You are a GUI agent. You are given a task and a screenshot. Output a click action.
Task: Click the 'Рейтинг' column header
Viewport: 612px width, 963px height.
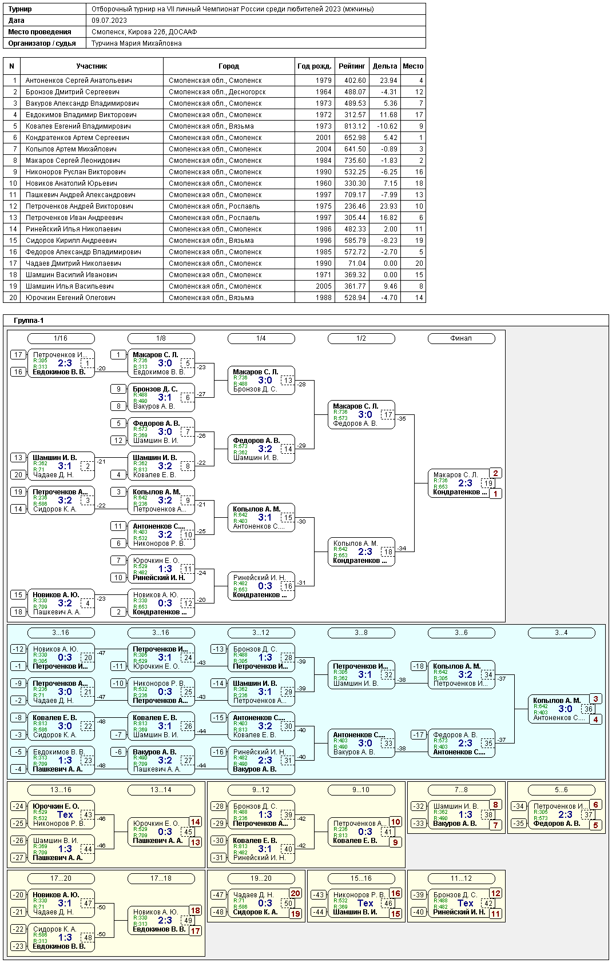tap(352, 66)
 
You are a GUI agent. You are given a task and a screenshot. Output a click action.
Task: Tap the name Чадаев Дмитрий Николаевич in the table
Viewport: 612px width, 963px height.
tap(73, 263)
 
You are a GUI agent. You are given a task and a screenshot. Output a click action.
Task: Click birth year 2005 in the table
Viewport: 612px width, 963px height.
tap(323, 286)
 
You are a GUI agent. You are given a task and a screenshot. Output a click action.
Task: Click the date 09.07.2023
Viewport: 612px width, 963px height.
tap(109, 21)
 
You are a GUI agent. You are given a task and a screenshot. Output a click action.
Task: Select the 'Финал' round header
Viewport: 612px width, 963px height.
tap(461, 338)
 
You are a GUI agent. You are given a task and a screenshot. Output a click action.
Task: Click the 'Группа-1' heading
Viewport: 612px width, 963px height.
tap(29, 321)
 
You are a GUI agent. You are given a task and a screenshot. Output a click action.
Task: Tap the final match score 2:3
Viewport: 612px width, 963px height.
tap(465, 484)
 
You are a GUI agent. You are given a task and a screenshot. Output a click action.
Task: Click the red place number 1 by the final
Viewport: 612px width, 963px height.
tap(495, 494)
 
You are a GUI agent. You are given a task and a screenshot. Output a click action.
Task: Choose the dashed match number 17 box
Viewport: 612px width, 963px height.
tap(388, 415)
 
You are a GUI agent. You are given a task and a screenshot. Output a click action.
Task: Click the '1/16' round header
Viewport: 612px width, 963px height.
tap(61, 338)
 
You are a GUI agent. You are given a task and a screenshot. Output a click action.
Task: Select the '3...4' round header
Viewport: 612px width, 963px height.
tap(561, 633)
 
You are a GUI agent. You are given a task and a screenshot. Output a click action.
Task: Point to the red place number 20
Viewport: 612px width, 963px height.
tap(295, 893)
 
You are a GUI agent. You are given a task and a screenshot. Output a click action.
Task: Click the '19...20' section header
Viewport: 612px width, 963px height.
tap(261, 878)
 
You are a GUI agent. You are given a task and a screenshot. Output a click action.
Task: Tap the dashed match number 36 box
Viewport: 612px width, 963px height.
tap(588, 709)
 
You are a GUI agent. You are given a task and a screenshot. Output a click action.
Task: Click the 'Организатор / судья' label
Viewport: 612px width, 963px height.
tap(42, 43)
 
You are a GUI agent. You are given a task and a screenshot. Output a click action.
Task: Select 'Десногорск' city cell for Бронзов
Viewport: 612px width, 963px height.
tap(217, 92)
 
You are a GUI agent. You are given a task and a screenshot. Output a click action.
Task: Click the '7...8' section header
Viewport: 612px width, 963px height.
tap(461, 790)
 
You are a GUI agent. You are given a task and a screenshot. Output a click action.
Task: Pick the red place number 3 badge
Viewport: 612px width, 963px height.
tap(595, 699)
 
